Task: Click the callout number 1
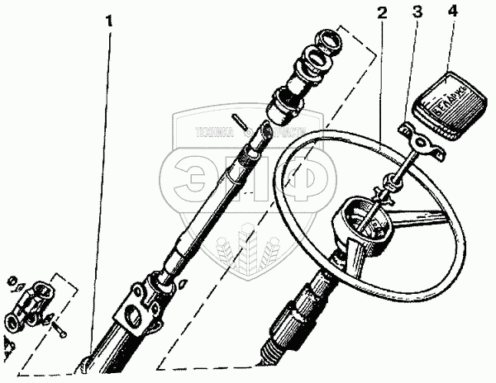tap(109, 18)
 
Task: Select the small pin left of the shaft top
tap(240, 120)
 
